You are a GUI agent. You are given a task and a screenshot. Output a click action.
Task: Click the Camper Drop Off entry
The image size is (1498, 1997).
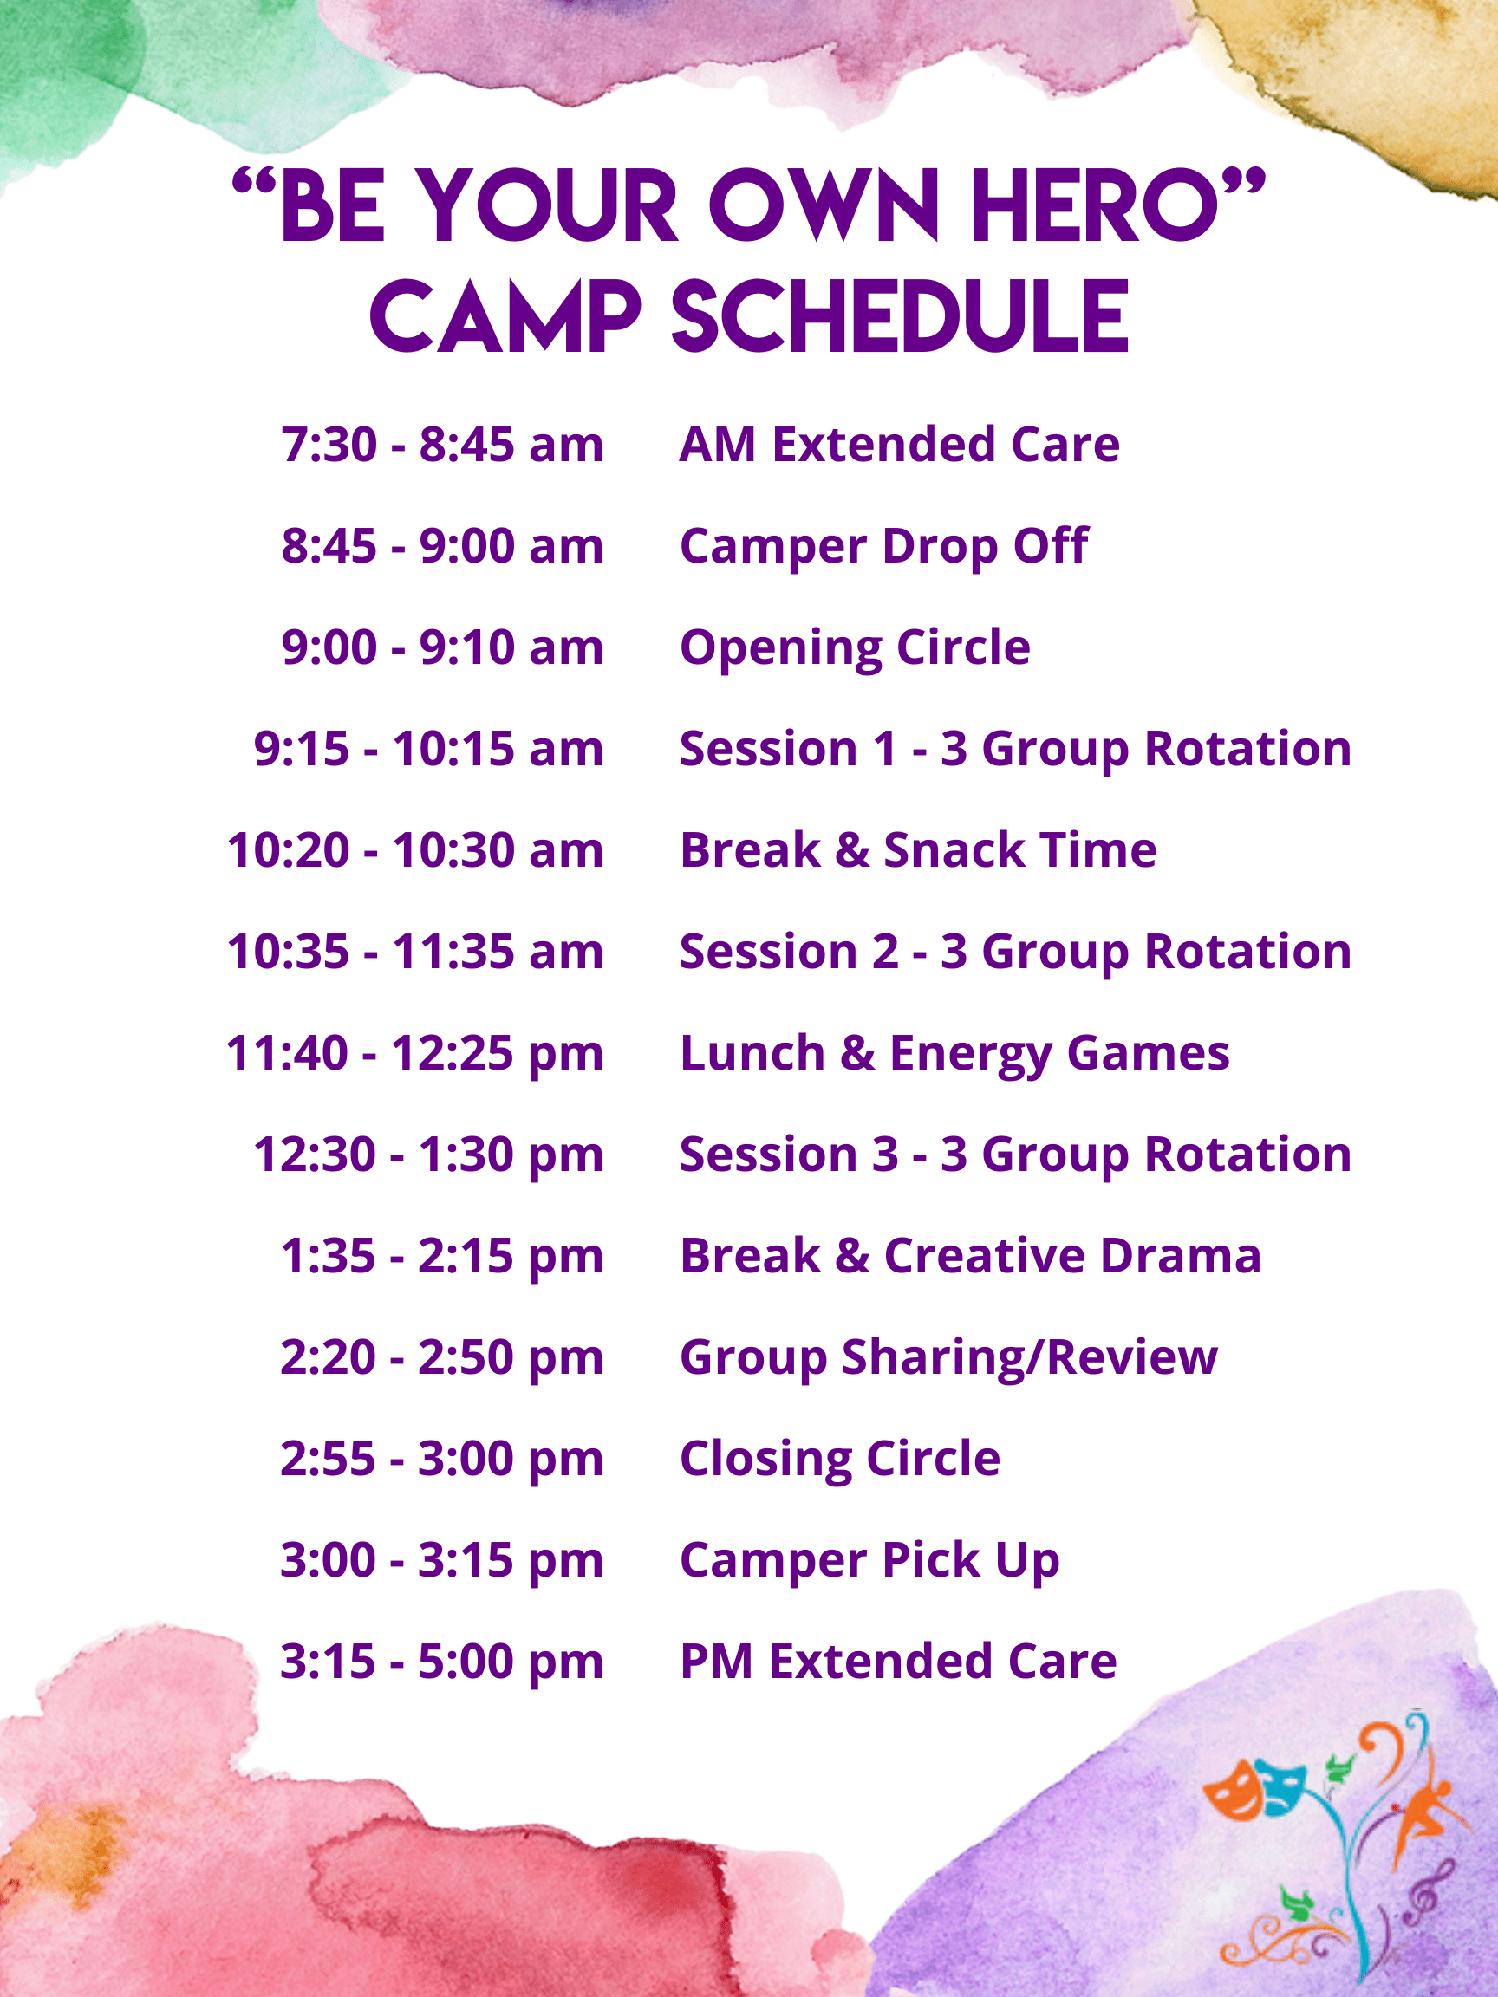(884, 546)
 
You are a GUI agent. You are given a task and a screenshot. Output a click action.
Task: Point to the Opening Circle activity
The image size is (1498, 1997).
(855, 648)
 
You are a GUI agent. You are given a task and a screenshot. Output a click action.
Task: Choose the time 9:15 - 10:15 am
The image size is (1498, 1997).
(428, 748)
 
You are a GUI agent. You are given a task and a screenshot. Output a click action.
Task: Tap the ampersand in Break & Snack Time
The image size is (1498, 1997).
(851, 850)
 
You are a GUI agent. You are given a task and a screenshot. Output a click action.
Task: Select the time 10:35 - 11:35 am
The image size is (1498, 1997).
(415, 952)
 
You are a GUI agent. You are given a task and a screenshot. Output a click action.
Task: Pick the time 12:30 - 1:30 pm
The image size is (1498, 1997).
(428, 1155)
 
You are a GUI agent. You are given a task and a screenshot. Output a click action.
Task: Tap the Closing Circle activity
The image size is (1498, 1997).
(840, 1459)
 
